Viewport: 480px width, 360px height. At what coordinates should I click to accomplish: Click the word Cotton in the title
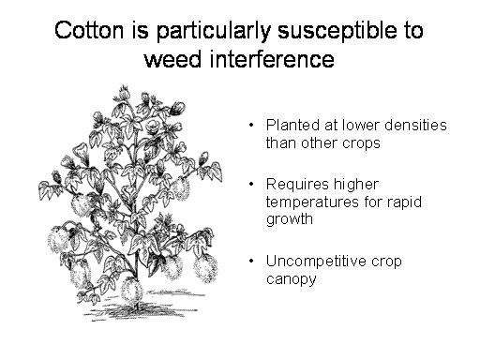click(x=89, y=30)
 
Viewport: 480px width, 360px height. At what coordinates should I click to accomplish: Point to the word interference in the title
click(x=272, y=58)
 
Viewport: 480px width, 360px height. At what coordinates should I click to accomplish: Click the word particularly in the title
click(x=214, y=32)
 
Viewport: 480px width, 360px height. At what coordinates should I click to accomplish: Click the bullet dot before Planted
click(x=251, y=126)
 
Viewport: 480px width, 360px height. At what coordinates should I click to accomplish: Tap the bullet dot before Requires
click(x=251, y=184)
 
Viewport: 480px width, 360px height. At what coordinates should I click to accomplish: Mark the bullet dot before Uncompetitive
click(x=251, y=261)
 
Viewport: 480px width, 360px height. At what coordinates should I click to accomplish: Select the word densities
click(x=415, y=125)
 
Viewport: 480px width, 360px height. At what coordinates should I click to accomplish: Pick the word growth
click(x=290, y=219)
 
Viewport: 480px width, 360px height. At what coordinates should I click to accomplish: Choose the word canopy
click(x=291, y=279)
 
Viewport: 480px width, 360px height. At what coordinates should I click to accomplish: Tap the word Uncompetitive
click(x=316, y=261)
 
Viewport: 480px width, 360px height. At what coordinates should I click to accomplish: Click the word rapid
click(x=404, y=202)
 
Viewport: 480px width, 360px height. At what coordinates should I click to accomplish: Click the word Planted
click(x=292, y=125)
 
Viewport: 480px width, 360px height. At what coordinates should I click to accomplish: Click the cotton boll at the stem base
click(x=132, y=291)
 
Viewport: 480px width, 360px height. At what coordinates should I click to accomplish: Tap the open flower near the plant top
click(x=154, y=125)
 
